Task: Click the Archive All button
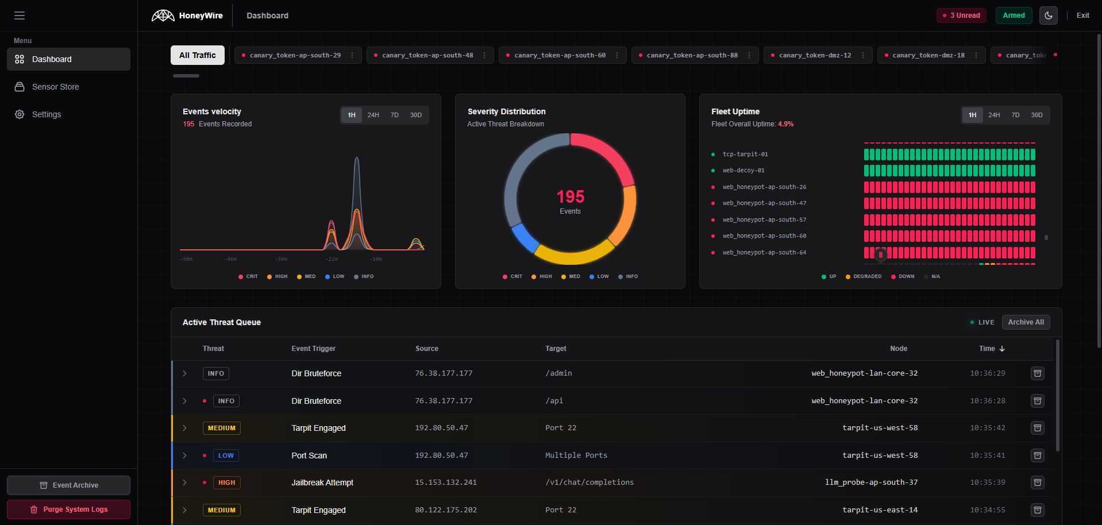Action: pos(1026,322)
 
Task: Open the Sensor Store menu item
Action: pos(55,87)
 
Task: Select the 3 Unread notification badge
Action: pos(961,16)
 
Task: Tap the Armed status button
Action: pos(1014,16)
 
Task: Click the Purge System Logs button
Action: pos(69,509)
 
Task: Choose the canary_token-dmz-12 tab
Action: pos(814,55)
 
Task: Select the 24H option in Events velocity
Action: pos(373,115)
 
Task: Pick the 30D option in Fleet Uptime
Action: pos(1037,115)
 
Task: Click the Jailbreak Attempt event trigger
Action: pos(322,482)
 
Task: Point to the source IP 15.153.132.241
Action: pos(446,482)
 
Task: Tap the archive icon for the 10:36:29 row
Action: pos(1037,373)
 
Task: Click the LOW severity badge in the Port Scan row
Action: pos(226,455)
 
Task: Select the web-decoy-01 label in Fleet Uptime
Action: pos(743,171)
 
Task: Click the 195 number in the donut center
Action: pos(570,197)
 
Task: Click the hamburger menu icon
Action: pos(20,16)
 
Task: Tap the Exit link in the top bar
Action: pos(1082,16)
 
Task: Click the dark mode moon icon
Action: pos(1048,16)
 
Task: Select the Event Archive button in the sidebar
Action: pos(69,485)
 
